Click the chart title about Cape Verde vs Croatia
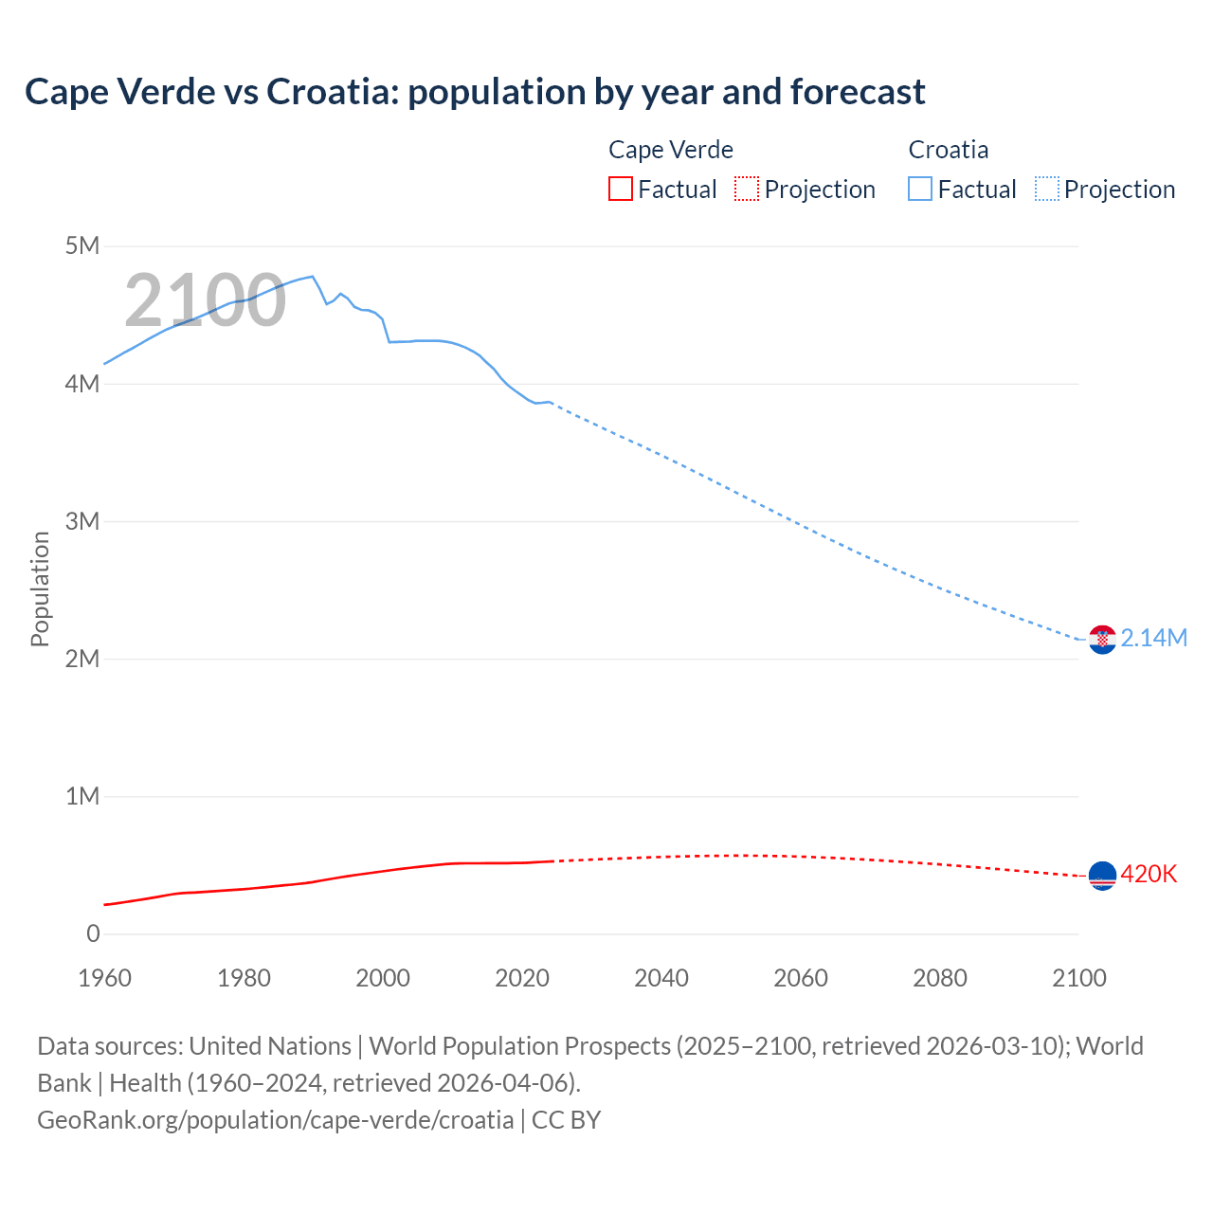click(475, 92)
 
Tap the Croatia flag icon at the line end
click(1102, 640)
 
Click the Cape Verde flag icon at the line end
click(1102, 876)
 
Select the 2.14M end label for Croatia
click(1153, 639)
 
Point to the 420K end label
click(1149, 874)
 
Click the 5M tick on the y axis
click(82, 246)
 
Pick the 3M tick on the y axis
click(82, 521)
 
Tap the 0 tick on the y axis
click(93, 933)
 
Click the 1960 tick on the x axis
click(104, 978)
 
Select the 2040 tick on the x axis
click(661, 978)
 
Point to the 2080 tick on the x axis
click(940, 978)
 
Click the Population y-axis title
click(40, 588)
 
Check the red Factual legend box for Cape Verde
click(621, 190)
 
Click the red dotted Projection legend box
click(747, 190)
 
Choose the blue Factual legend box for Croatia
click(920, 190)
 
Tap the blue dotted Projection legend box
click(1046, 190)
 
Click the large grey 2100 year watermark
click(205, 300)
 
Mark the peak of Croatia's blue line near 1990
click(312, 277)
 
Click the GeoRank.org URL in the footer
click(275, 1120)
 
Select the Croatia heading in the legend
click(948, 150)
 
